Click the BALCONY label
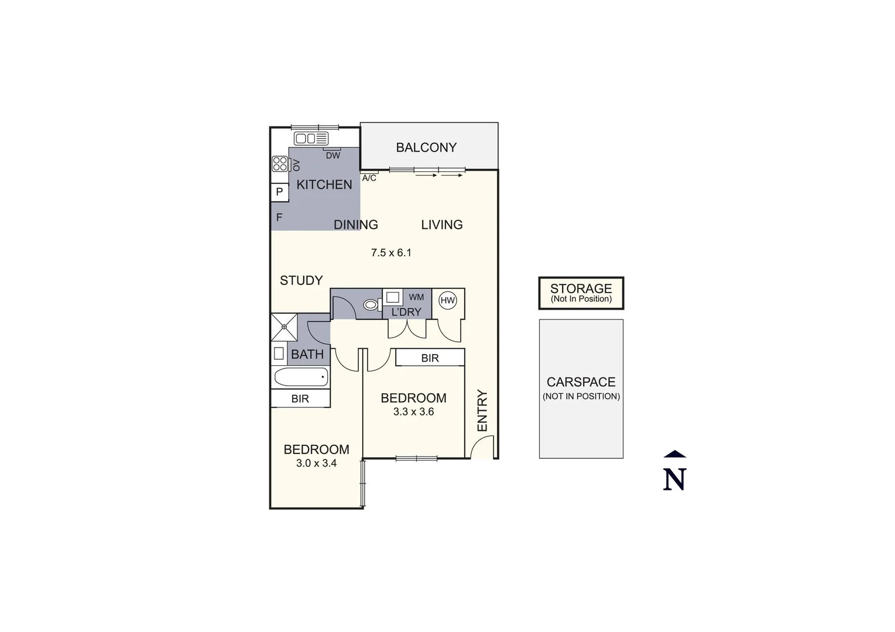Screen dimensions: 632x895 [x=426, y=147]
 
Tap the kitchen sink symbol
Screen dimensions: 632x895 [x=311, y=139]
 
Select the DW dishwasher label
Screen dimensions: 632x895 [x=332, y=156]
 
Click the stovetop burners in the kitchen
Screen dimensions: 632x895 [x=280, y=164]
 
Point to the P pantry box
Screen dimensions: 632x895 [x=279, y=192]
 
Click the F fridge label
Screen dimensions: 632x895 [x=279, y=217]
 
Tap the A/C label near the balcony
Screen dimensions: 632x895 [x=369, y=178]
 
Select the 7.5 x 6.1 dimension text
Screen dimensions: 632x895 [x=391, y=253]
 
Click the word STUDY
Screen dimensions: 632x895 [x=301, y=280]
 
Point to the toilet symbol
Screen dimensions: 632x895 [x=371, y=304]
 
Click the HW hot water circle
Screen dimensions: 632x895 [x=448, y=301]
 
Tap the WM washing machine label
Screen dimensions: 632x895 [x=416, y=297]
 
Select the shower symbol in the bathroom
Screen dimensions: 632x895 [x=284, y=327]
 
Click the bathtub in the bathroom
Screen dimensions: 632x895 [x=301, y=377]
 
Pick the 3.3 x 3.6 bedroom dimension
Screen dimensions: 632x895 [x=413, y=412]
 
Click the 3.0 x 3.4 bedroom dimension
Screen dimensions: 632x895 [x=316, y=463]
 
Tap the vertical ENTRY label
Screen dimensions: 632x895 [x=482, y=411]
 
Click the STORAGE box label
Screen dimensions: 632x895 [x=581, y=288]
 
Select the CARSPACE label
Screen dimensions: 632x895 [x=581, y=382]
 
